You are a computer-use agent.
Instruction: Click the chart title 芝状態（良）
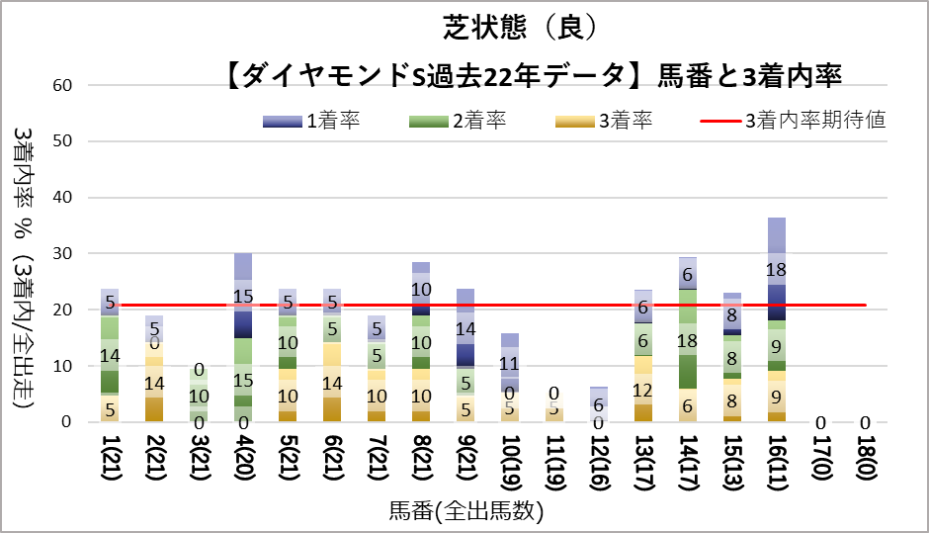tap(519, 27)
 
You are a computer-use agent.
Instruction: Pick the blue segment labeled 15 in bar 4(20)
tap(243, 296)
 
